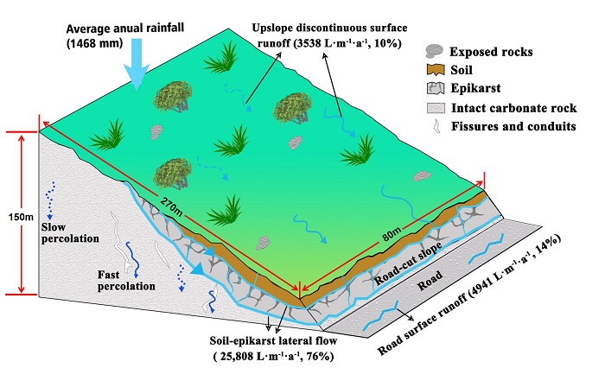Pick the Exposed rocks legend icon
point(436,51)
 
